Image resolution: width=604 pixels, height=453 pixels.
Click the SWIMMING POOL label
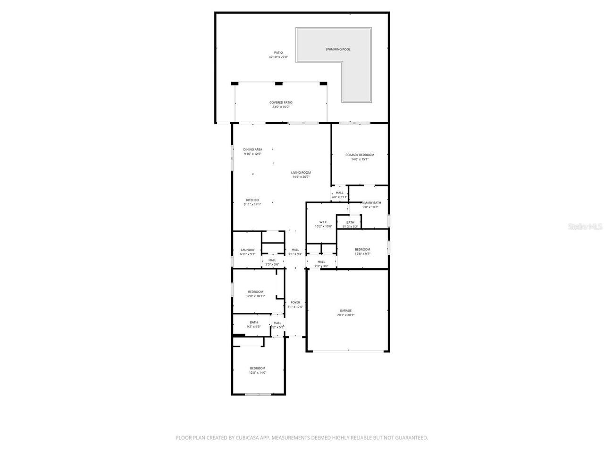[338, 50]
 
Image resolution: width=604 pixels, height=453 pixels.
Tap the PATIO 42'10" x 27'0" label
[278, 55]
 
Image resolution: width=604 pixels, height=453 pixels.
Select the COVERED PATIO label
[281, 104]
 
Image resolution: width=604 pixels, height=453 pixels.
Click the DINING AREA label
[252, 151]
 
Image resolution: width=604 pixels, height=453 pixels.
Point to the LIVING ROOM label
[301, 175]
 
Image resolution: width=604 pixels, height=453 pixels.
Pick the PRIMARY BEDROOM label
[360, 157]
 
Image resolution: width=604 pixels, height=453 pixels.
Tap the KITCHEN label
[252, 202]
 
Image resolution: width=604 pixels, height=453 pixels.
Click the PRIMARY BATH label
[371, 204]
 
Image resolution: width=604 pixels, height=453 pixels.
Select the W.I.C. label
[323, 224]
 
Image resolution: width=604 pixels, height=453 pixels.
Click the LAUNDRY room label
[247, 252]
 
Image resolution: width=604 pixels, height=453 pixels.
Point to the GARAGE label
[345, 312]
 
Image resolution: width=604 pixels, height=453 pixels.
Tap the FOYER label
[295, 304]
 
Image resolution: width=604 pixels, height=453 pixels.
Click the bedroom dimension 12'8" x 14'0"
[258, 373]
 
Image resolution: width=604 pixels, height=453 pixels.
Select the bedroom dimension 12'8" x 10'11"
[255, 296]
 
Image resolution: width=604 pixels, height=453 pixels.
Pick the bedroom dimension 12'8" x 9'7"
[362, 254]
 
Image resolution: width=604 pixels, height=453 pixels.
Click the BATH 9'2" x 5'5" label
[254, 324]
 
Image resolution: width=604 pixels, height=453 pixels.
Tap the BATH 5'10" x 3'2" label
[350, 224]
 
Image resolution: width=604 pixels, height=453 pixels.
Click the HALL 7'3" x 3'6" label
[321, 264]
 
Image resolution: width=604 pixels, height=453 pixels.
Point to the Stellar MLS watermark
[585, 226]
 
